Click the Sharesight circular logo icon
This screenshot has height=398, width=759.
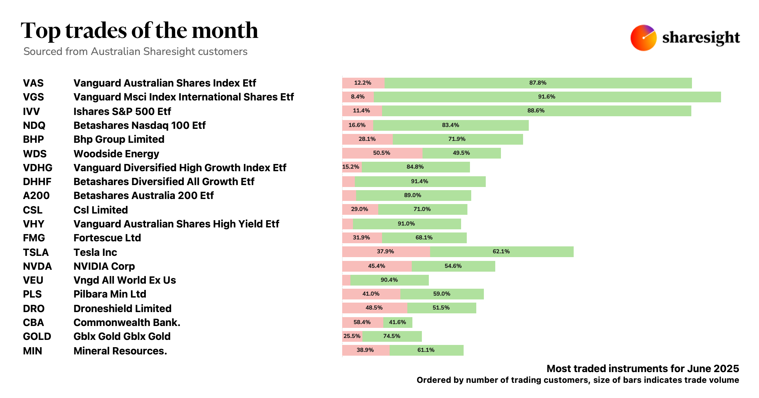point(643,38)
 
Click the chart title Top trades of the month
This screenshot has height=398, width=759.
point(139,31)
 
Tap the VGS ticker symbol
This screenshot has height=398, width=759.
point(33,97)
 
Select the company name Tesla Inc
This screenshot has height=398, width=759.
point(95,252)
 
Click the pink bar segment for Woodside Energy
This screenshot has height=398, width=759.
point(382,153)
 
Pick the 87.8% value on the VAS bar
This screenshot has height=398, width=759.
point(538,83)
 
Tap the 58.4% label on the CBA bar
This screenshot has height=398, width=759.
point(362,323)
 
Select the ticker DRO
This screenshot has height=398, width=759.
point(34,309)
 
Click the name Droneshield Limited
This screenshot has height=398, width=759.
point(122,309)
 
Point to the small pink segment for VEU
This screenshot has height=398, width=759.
point(346,280)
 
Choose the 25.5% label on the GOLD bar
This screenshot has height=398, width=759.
point(352,336)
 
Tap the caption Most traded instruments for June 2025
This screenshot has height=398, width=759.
point(643,369)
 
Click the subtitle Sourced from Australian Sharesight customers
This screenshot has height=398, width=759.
point(135,51)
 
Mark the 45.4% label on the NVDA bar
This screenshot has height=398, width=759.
point(376,266)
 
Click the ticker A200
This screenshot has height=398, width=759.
point(36,196)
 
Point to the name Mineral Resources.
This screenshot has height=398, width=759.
point(120,351)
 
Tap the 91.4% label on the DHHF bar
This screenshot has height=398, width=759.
point(419,182)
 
